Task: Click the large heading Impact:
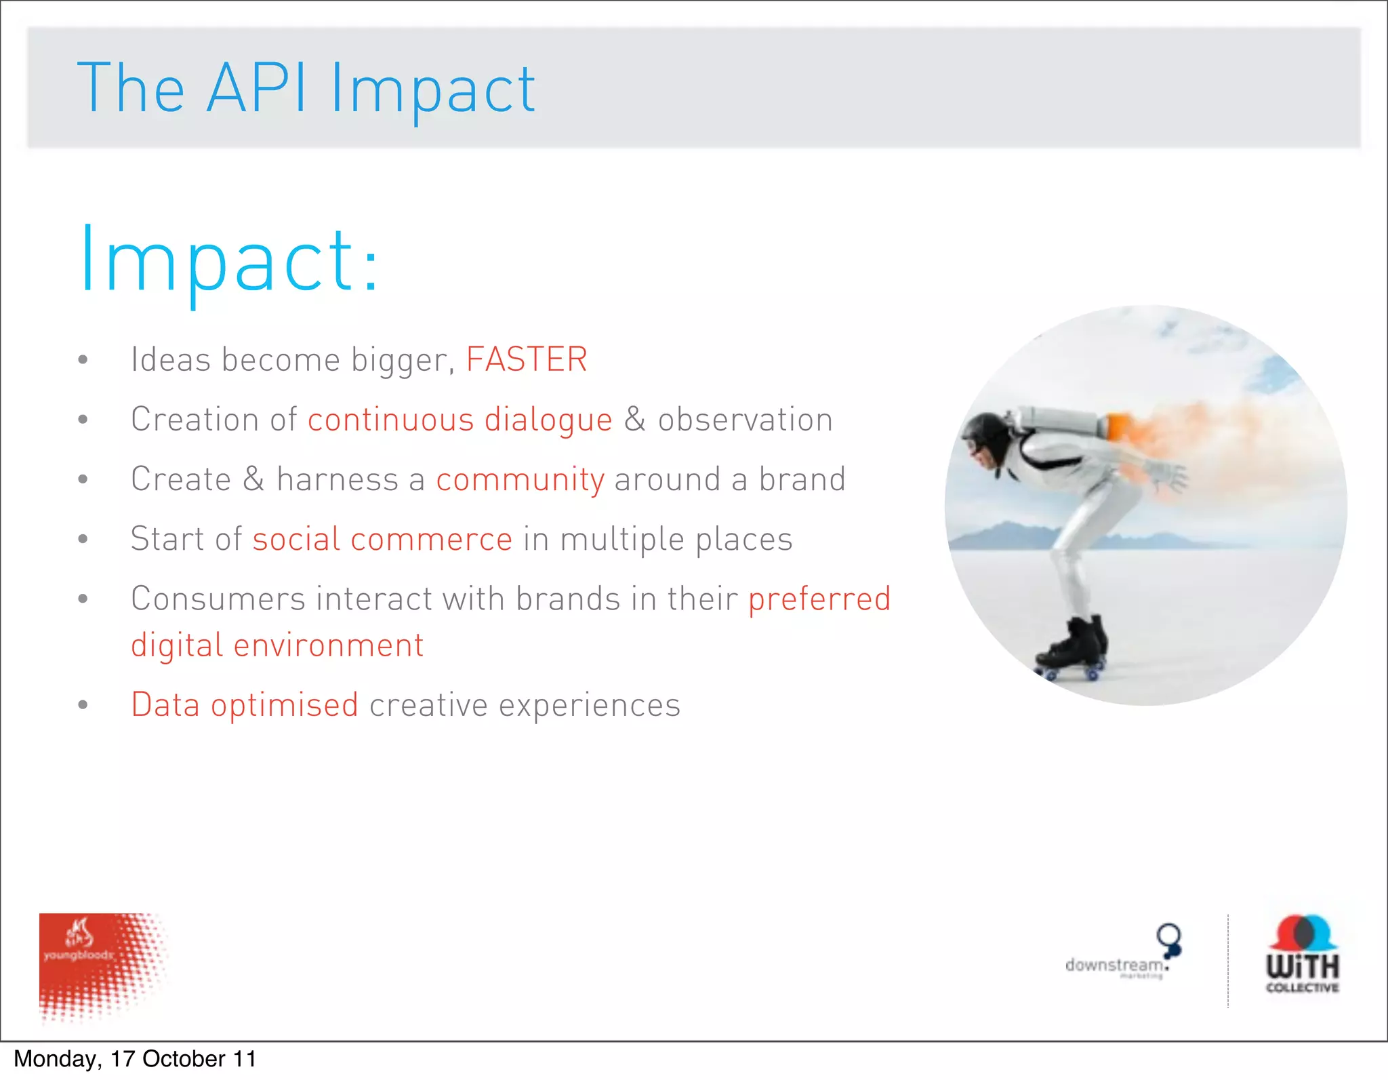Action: pyautogui.click(x=229, y=261)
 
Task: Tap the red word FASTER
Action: pyautogui.click(x=527, y=359)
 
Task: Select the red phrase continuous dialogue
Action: pyautogui.click(x=460, y=420)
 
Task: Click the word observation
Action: pyautogui.click(x=745, y=420)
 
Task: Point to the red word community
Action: pyautogui.click(x=520, y=479)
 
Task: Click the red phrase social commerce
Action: pyautogui.click(x=382, y=539)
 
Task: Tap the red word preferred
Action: pyautogui.click(x=819, y=599)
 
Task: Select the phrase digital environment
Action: pyautogui.click(x=277, y=645)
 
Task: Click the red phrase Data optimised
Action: pyautogui.click(x=245, y=704)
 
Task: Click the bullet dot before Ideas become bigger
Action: pyautogui.click(x=83, y=360)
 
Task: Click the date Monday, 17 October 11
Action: pyautogui.click(x=135, y=1059)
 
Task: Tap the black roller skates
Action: pyautogui.click(x=1074, y=647)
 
